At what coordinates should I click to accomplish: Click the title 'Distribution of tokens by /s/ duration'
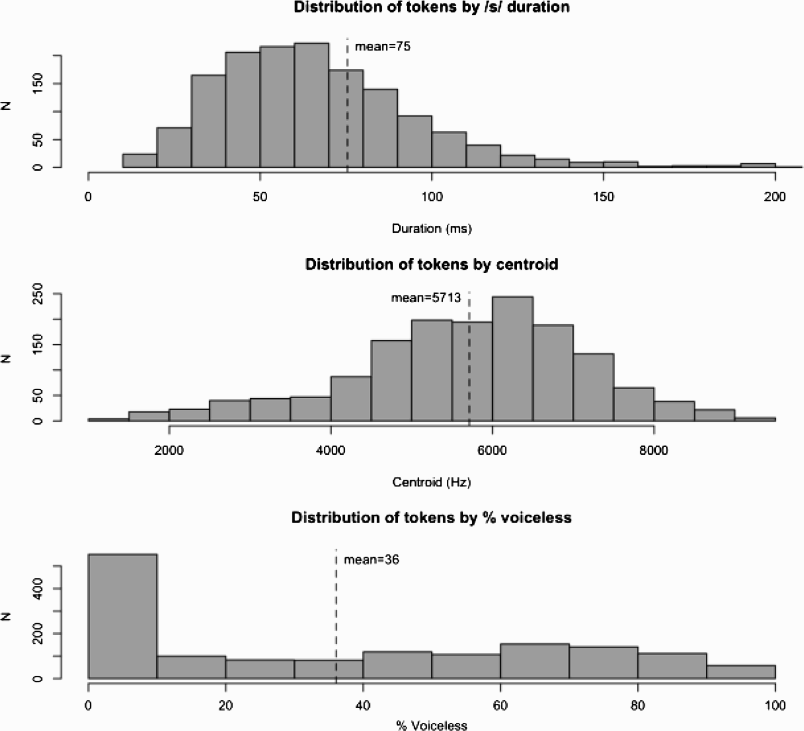[x=431, y=7]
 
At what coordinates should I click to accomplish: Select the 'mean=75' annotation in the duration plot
[x=382, y=47]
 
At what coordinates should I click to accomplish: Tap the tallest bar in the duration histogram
[x=311, y=106]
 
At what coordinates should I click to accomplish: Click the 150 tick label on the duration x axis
[x=603, y=197]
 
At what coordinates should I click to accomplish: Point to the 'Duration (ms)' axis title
[x=431, y=228]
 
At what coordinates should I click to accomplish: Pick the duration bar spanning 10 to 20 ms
[x=140, y=161]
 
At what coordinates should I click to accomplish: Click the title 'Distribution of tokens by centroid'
[x=431, y=265]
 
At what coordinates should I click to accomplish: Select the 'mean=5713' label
[x=426, y=298]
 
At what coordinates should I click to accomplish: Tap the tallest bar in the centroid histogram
[x=512, y=359]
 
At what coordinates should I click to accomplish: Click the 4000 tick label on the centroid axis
[x=331, y=450]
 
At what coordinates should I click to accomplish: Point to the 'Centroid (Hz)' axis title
[x=431, y=482]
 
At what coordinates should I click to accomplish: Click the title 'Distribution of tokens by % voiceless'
[x=431, y=518]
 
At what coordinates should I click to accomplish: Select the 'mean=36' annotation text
[x=372, y=559]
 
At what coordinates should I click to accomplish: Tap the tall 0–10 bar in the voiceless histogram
[x=122, y=616]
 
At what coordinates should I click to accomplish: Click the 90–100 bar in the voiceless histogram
[x=741, y=672]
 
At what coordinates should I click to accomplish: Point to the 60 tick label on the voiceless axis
[x=500, y=705]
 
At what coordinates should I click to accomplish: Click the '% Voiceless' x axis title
[x=431, y=725]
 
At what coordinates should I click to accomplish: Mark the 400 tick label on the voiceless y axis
[x=37, y=589]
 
